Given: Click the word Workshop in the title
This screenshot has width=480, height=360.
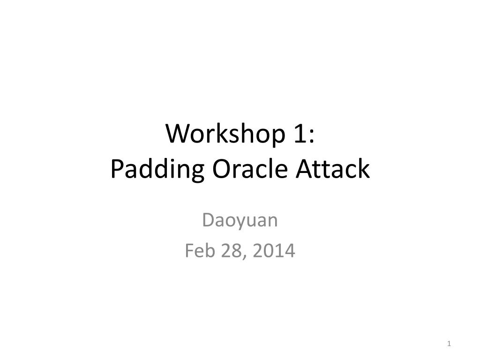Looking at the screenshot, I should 222,135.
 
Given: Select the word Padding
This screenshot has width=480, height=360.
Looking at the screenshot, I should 157,170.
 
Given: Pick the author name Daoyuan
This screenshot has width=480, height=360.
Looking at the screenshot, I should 240,220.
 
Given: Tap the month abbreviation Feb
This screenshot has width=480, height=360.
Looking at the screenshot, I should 198,251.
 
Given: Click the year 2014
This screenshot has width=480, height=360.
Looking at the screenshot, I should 274,251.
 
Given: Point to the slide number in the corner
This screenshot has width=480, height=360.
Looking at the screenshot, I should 449,344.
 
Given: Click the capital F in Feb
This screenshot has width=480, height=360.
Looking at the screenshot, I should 189,251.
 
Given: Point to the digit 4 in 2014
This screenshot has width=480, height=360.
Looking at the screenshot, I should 290,251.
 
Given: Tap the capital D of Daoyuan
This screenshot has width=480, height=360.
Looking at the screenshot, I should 207,220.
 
